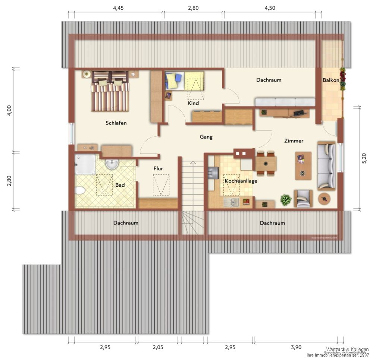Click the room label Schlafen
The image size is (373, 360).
tap(116, 123)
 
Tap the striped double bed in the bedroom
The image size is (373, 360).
tap(110, 92)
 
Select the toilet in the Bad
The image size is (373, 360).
tap(80, 191)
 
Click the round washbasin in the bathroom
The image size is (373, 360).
tap(112, 164)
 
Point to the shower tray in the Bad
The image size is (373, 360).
tap(85, 164)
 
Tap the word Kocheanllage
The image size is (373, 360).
tap(241, 181)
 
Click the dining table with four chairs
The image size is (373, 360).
tap(266, 163)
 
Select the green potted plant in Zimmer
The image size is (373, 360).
tap(286, 200)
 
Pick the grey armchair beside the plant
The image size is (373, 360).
tap(303, 199)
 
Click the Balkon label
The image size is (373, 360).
tap(331, 80)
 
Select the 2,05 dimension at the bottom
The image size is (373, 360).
tap(158, 347)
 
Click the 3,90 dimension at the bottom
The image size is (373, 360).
tap(296, 347)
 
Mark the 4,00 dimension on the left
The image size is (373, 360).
tap(10, 110)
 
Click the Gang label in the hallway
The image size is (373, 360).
tap(206, 137)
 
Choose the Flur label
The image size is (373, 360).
tap(158, 168)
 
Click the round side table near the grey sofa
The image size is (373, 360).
tap(324, 199)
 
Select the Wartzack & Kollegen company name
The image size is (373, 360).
tap(347, 349)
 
